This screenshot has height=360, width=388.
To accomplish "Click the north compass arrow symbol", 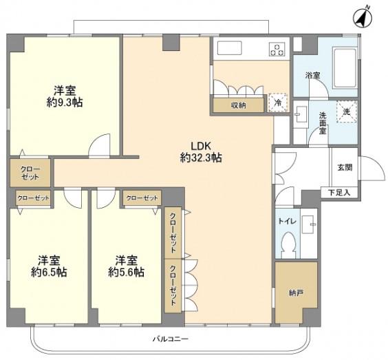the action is point(363,18).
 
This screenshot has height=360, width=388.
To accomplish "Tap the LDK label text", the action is point(201,146).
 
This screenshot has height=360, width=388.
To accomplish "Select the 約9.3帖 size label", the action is point(65,102).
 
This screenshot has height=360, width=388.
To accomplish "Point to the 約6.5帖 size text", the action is point(49,272).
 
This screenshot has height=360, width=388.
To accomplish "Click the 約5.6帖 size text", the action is point(126,272).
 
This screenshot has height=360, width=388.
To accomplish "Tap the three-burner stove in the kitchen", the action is point(277,49).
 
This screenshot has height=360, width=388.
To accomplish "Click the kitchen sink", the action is point(229,48).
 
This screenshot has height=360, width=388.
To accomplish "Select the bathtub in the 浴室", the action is point(345,67).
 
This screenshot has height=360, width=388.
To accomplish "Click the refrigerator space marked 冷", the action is point(278,103).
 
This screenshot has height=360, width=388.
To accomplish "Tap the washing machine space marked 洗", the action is point(347,112).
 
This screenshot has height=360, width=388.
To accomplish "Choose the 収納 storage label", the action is point(239,105).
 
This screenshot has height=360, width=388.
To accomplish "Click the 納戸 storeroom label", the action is point(296,293).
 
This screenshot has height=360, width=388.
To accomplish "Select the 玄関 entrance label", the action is point(345,167).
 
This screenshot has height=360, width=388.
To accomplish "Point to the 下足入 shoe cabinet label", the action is point(339,192).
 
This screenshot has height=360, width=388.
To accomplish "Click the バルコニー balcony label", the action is point(171,339).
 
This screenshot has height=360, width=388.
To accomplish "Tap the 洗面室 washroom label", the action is point(323,123).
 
